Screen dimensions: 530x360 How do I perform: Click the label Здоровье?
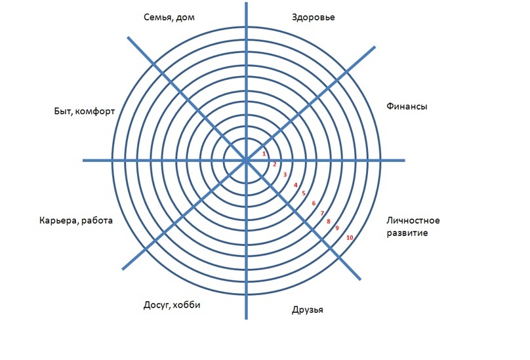coord(314,17)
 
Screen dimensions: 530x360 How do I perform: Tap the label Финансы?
coord(407,106)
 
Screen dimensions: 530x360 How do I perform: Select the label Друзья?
coord(307,310)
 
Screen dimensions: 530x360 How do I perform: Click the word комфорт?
coord(95,111)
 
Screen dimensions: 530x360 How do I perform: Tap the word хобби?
coord(186,305)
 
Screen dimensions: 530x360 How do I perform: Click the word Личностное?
coord(413,221)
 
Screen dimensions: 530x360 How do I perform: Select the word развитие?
coord(407,233)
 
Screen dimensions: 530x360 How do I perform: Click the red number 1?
coord(264,154)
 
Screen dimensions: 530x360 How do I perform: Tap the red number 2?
coord(274,165)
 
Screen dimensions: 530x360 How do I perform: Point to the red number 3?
coord(285,175)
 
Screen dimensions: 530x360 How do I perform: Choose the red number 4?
coord(295,185)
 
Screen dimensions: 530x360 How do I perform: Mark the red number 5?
coord(304,193)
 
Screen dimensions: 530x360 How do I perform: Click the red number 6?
coord(314,203)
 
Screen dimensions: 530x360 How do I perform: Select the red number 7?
coord(322,213)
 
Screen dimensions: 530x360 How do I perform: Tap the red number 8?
coord(328,222)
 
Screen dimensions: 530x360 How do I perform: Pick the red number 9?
coord(336,228)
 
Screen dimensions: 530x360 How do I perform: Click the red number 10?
coord(350,237)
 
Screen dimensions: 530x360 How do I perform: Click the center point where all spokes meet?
coord(246,160)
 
